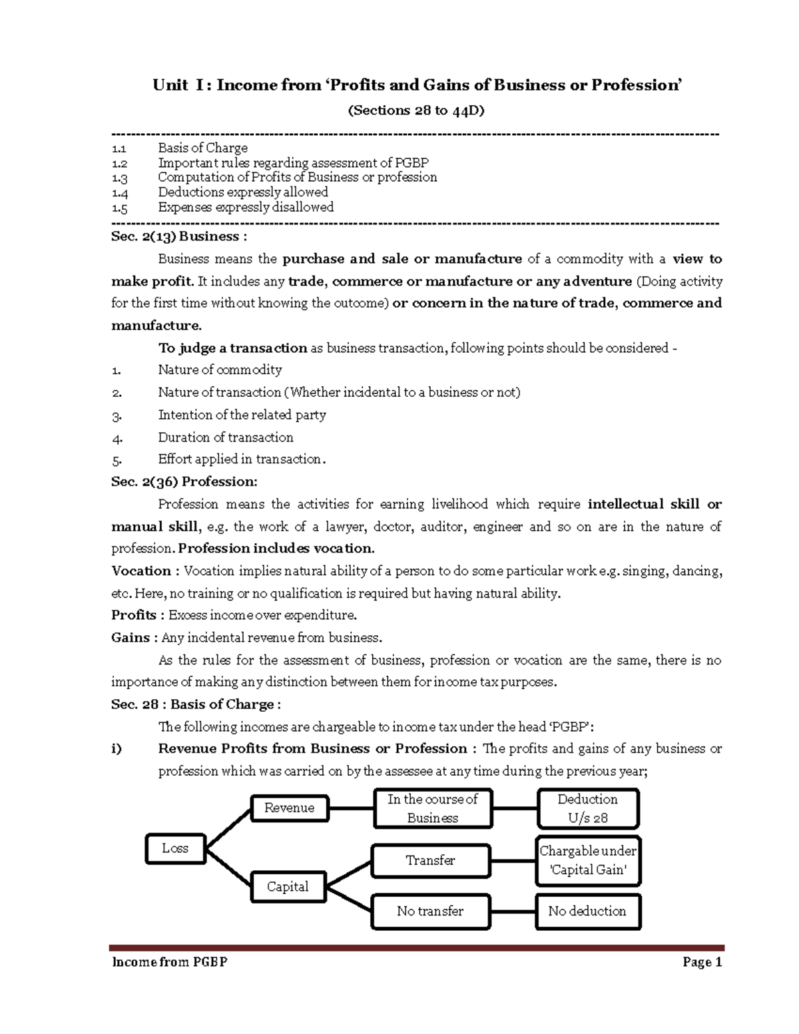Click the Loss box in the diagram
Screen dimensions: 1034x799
(175, 848)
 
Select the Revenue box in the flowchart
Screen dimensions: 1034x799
(289, 808)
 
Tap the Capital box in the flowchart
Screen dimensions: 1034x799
(288, 886)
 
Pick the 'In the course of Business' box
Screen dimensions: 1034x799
(433, 808)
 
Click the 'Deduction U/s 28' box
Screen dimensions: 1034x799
(587, 808)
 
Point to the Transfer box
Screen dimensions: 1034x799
(431, 860)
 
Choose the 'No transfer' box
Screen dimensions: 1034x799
(430, 911)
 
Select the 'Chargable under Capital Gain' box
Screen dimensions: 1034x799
(587, 860)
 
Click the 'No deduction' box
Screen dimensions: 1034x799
(587, 911)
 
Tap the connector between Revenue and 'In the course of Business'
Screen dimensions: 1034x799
(351, 808)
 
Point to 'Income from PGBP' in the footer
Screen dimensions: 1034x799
(170, 961)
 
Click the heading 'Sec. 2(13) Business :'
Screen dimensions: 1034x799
(179, 236)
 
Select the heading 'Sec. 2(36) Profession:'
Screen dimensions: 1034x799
(184, 481)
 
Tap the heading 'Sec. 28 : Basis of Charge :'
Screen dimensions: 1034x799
(196, 704)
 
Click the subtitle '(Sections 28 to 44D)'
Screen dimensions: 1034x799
(416, 111)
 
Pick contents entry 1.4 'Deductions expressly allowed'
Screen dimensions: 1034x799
(242, 192)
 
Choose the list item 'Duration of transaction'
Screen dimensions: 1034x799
(225, 437)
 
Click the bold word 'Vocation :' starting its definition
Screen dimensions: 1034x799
(145, 571)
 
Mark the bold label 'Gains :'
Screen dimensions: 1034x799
(134, 637)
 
